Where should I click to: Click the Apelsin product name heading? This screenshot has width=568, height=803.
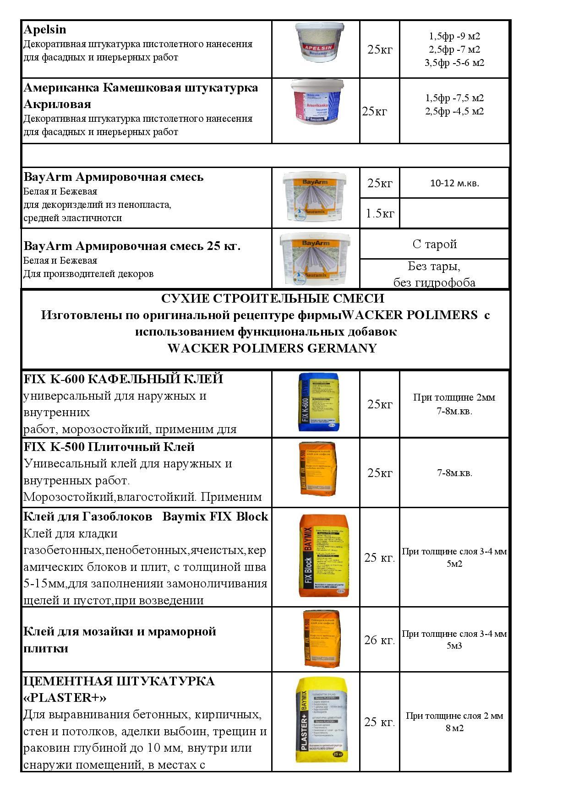(x=45, y=30)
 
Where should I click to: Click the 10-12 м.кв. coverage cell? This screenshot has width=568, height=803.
(x=454, y=183)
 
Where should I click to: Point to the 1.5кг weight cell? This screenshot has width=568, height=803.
(x=380, y=213)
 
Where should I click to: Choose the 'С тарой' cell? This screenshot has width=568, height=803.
(x=434, y=244)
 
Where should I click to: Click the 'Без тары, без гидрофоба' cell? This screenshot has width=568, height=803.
(x=434, y=274)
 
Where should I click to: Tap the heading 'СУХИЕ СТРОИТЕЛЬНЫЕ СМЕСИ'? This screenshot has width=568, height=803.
(x=272, y=298)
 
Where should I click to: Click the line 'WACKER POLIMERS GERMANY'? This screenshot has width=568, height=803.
(x=272, y=348)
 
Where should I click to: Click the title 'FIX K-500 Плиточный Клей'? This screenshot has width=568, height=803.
(x=109, y=447)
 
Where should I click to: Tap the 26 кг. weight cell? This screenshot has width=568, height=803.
(x=379, y=640)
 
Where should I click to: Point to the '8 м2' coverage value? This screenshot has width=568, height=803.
(x=454, y=728)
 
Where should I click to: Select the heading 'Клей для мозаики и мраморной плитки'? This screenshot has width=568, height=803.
(x=119, y=640)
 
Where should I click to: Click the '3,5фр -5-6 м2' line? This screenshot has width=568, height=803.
(x=454, y=63)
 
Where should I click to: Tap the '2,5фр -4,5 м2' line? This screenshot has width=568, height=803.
(x=454, y=111)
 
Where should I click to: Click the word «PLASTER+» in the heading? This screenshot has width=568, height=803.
(x=65, y=698)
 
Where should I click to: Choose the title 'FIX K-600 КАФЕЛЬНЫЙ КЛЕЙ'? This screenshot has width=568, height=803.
(x=123, y=379)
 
